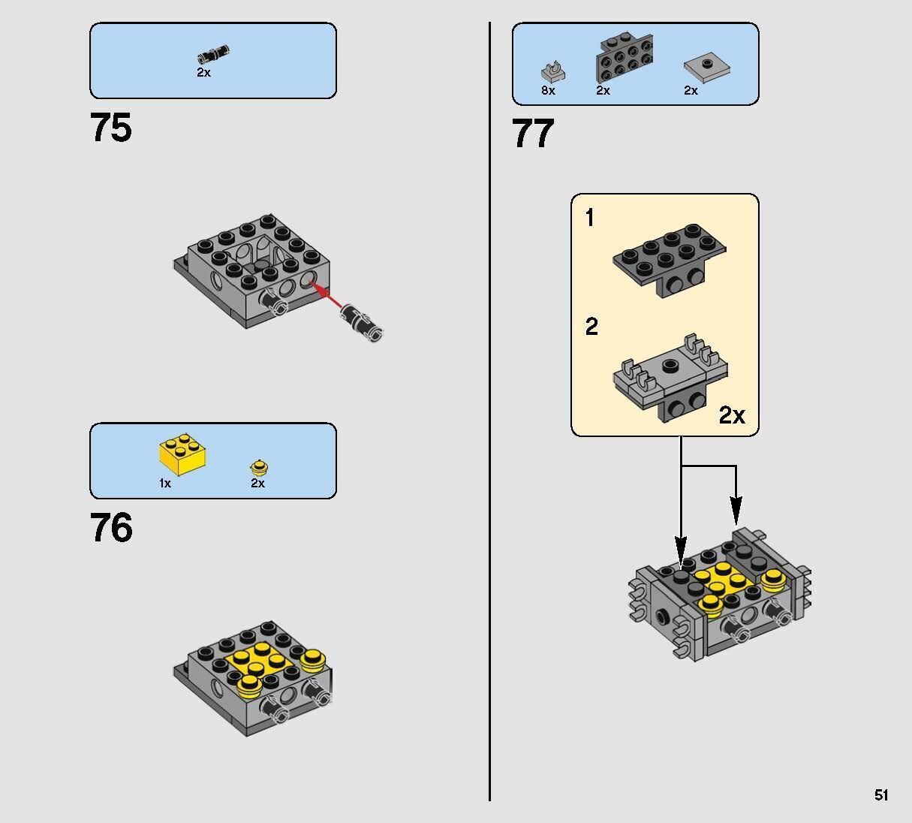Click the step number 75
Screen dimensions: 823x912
click(x=111, y=128)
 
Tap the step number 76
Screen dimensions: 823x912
click(x=111, y=528)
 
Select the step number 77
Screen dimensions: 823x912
click(x=533, y=134)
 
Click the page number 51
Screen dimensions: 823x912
click(x=881, y=795)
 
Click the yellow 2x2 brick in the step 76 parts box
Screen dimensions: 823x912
click(x=182, y=454)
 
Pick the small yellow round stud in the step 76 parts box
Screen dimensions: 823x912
click(x=259, y=466)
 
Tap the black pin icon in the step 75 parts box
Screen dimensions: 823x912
click(x=213, y=54)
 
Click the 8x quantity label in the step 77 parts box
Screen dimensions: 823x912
click(x=548, y=91)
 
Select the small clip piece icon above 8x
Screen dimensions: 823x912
click(x=552, y=71)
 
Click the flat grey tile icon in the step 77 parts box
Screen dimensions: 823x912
click(x=706, y=68)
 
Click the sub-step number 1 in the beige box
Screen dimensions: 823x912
click(x=590, y=219)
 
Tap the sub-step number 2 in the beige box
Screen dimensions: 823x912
click(x=591, y=327)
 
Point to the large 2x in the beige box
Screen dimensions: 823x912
click(x=732, y=415)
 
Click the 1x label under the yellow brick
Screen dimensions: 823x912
click(x=165, y=484)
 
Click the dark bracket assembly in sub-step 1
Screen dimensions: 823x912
click(x=670, y=259)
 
